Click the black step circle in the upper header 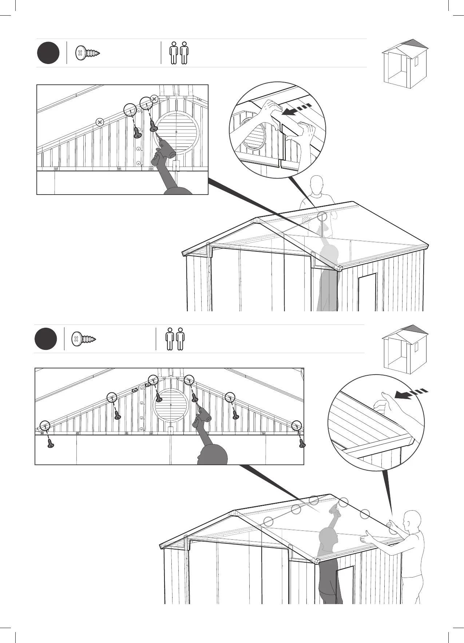[48, 53]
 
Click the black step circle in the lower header [46, 339]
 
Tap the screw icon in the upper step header [87, 53]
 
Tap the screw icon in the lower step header [83, 339]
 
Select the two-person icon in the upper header [179, 53]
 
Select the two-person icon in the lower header [175, 339]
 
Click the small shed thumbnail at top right [404, 64]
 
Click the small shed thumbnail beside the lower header [404, 350]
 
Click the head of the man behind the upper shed [317, 184]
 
